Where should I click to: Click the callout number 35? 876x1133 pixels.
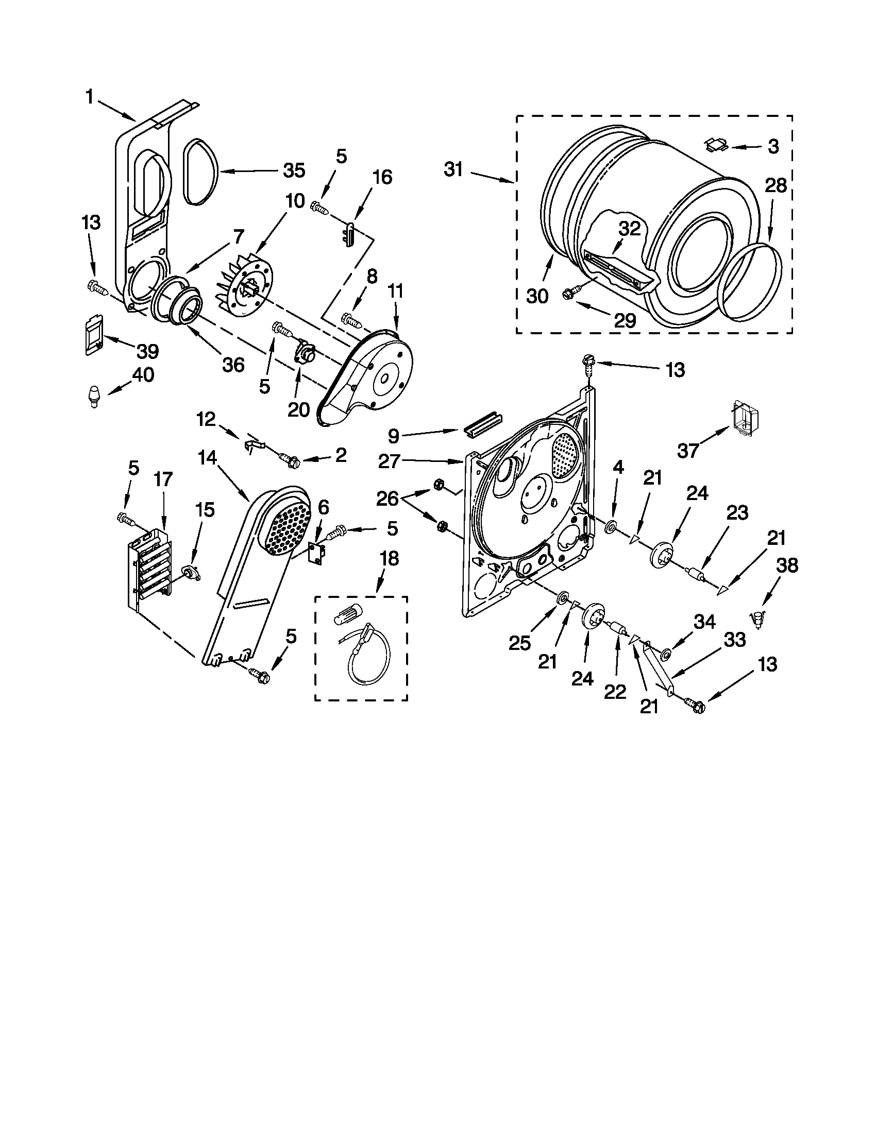[294, 170]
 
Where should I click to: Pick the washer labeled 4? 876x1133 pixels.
[611, 527]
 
